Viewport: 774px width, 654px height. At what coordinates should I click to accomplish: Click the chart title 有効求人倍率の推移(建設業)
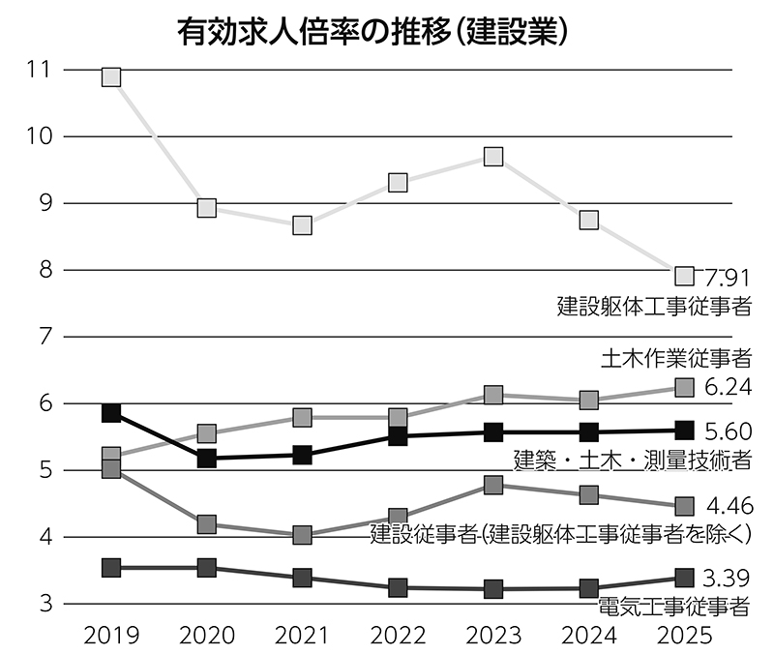372,31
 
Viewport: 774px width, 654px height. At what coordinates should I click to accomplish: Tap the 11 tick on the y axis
40,70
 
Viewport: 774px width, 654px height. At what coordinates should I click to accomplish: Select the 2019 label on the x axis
111,635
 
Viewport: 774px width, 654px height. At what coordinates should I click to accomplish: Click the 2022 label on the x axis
398,635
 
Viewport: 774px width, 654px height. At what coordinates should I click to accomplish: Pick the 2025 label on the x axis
684,635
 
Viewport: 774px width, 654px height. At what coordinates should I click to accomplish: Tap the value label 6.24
728,388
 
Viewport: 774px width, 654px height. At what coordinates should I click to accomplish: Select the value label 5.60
728,431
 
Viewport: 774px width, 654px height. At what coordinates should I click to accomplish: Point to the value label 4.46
728,506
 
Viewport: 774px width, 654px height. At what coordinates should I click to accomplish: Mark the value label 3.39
728,579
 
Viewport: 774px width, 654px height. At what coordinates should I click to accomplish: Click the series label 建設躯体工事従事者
654,308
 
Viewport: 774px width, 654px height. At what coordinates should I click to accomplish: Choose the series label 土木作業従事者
676,360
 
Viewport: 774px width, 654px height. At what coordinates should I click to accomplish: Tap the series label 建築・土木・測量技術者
632,460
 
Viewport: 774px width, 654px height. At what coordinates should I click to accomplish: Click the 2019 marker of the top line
111,76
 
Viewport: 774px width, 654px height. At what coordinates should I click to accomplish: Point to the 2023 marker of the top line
493,157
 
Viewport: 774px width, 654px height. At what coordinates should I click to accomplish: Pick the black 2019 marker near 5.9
111,413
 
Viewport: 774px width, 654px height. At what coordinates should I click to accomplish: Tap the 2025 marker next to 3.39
684,579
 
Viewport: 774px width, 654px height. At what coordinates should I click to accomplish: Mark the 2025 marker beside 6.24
684,388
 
